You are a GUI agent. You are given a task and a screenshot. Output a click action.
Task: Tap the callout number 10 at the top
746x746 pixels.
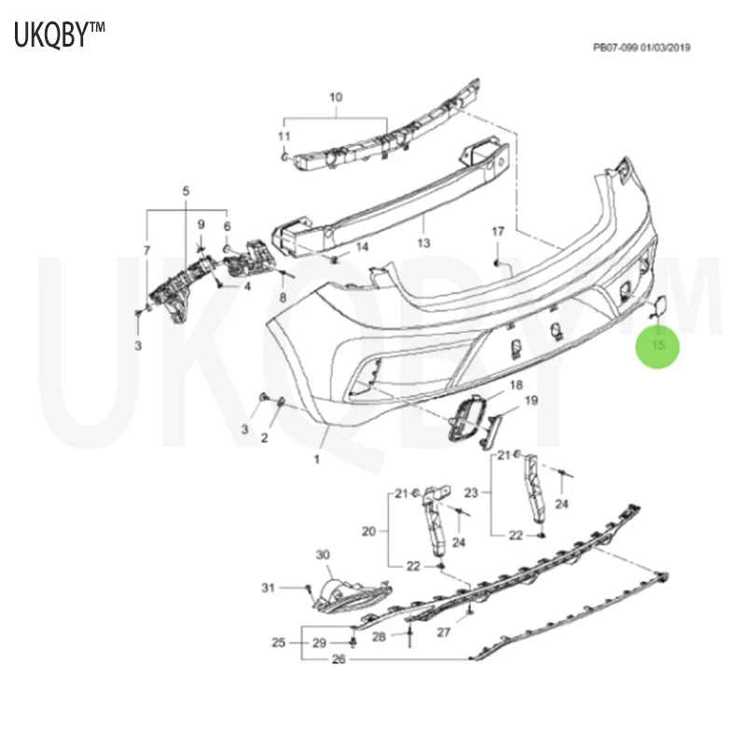coord(336,97)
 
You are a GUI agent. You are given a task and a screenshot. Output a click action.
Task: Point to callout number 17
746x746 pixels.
coord(498,231)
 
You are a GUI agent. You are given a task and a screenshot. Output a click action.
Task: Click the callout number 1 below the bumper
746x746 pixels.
coord(316,459)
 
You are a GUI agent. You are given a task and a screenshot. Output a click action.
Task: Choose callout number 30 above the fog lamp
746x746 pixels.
coord(323,555)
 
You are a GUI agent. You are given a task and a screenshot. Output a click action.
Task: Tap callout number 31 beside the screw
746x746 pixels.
coord(269,587)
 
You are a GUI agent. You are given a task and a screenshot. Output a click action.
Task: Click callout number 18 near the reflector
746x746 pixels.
coord(516,384)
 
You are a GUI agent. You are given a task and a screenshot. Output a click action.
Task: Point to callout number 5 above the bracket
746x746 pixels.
coord(186,191)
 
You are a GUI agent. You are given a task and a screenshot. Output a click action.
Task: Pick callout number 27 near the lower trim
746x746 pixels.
coord(444,632)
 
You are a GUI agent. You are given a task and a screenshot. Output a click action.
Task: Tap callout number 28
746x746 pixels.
coord(379,637)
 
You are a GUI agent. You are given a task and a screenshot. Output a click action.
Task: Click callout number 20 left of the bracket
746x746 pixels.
coord(369,532)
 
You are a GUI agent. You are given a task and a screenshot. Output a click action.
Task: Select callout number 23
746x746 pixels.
coord(471,492)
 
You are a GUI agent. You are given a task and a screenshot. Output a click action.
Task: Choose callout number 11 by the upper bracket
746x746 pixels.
coord(283,137)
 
